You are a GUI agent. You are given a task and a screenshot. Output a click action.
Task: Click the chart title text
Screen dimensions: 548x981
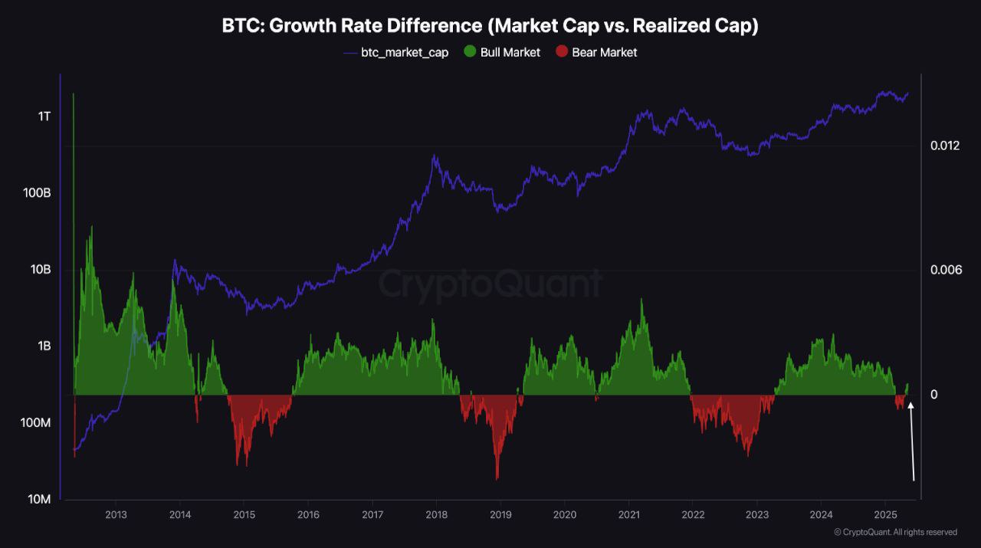490,25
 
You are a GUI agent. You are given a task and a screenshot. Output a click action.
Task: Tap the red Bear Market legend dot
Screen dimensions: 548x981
561,52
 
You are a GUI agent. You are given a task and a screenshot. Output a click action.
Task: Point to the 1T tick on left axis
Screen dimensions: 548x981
44,116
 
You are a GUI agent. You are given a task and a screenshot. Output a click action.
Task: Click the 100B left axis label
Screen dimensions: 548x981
38,193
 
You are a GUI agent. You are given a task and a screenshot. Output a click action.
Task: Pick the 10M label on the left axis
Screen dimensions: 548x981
38,500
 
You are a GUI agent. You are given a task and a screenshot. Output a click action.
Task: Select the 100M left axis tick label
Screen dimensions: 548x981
35,423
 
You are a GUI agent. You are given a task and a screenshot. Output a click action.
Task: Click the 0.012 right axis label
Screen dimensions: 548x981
945,146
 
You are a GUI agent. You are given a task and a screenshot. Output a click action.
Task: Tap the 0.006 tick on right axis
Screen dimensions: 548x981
945,270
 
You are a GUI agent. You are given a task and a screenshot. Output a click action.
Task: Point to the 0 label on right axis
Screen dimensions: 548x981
934,395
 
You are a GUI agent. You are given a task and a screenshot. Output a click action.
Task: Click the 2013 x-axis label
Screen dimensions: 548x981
116,514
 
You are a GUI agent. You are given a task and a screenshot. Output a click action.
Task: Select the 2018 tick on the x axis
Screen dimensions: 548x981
436,514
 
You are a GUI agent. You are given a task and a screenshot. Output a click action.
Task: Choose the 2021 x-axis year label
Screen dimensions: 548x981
628,514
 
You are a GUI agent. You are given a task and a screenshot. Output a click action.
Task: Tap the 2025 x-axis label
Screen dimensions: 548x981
885,514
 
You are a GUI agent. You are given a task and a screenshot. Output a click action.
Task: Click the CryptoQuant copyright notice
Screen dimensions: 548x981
895,532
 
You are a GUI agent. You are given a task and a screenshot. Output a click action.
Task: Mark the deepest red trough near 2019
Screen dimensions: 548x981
497,477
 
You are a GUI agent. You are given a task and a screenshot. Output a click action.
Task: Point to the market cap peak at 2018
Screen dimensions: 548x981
435,156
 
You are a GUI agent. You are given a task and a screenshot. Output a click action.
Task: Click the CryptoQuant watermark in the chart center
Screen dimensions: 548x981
490,284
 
